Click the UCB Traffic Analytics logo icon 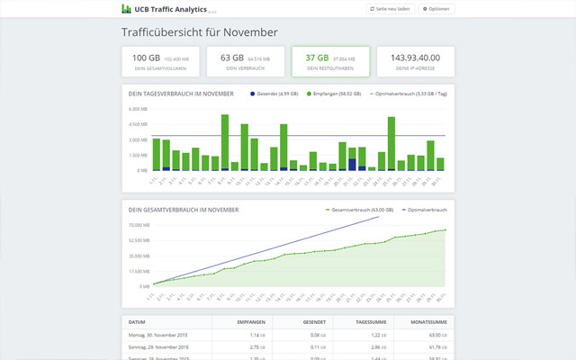tap(126, 9)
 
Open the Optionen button tap(436, 9)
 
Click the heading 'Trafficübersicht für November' tap(200, 33)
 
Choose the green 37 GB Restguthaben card tap(330, 61)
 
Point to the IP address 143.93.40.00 tap(415, 58)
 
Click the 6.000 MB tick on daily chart tap(138, 110)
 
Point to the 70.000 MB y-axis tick tap(138, 225)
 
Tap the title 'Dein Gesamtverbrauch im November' tap(183, 209)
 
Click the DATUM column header tap(137, 321)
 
